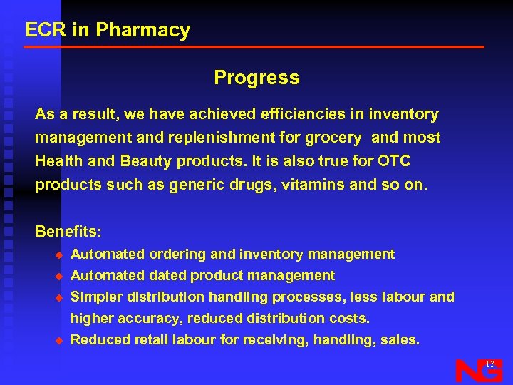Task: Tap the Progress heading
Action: coord(256,78)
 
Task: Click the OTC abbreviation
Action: coord(395,161)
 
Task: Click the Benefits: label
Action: coord(69,232)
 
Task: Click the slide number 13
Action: coord(489,364)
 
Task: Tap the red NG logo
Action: coord(478,371)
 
